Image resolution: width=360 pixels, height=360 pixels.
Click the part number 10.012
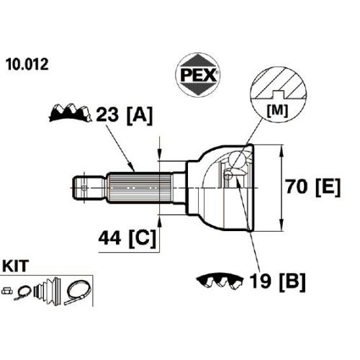tap(27, 64)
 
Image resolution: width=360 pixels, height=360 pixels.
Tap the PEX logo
tap(198, 75)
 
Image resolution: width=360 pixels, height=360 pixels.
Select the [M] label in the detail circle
tap(277, 111)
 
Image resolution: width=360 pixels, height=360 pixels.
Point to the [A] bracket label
tap(140, 115)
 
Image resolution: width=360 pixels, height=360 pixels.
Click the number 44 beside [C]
tap(109, 238)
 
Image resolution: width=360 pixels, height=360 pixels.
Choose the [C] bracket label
tap(143, 239)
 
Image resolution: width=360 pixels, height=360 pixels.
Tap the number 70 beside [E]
tap(297, 186)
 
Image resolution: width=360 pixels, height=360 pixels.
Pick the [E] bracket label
tap(328, 188)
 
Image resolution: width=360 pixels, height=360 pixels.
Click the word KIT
tap(15, 266)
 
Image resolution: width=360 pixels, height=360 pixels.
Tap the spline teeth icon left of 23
tap(71, 113)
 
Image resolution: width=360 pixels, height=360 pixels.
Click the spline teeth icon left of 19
tap(220, 280)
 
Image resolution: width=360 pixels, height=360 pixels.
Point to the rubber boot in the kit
tap(48, 292)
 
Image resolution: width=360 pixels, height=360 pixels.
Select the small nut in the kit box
tap(7, 291)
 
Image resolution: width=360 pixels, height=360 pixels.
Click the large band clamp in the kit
tap(77, 293)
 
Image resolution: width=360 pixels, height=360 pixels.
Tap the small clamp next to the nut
tap(22, 293)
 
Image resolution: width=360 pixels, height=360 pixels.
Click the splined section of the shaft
tap(139, 187)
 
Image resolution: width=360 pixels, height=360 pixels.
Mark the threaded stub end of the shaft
tap(89, 187)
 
